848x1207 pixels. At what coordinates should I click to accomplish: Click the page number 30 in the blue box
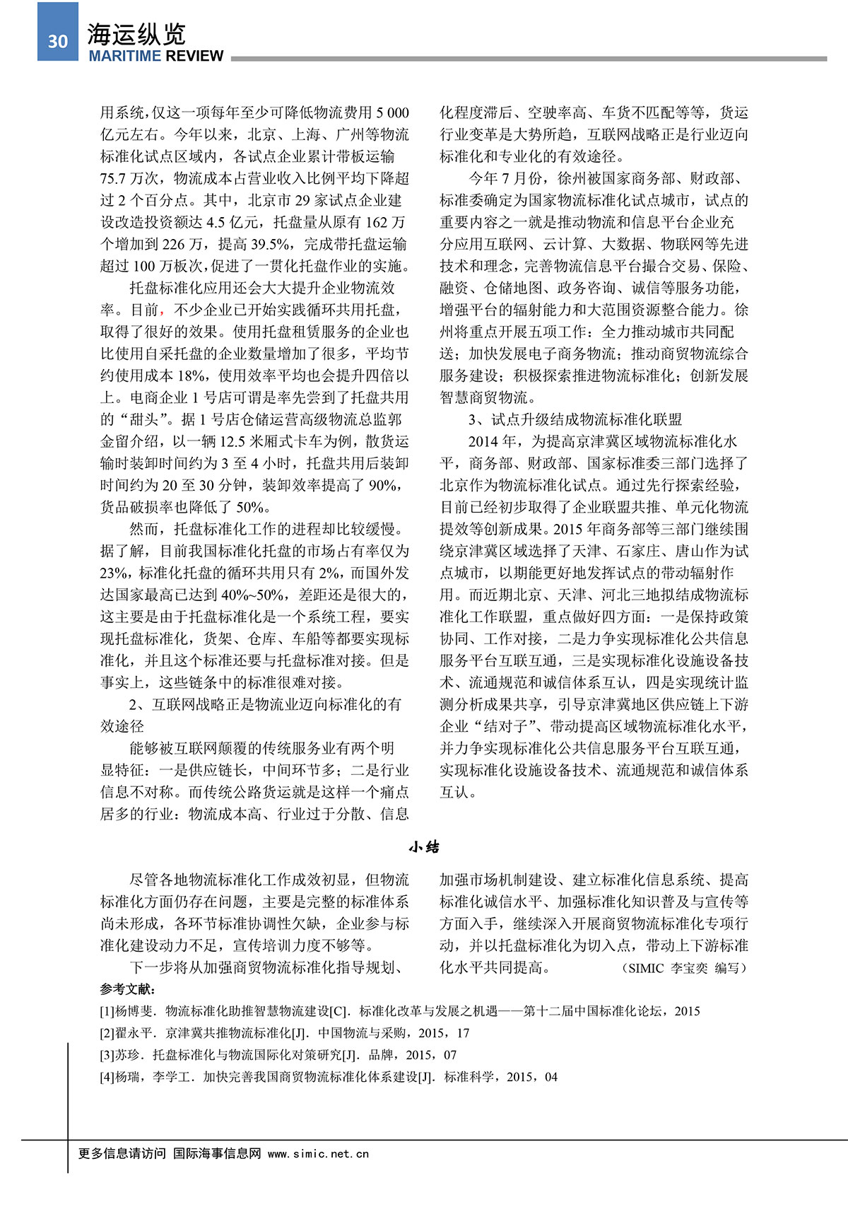[58, 41]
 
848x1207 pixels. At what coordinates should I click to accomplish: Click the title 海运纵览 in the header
[136, 33]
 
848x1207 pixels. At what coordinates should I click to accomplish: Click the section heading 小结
[424, 846]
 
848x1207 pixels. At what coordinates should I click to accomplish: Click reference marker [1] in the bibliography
[107, 1011]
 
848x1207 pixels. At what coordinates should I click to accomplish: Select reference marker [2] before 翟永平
[107, 1033]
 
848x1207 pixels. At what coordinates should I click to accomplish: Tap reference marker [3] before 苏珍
[107, 1055]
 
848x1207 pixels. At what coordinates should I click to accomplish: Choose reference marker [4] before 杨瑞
[107, 1077]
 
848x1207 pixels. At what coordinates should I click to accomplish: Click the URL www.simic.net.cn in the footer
[318, 1153]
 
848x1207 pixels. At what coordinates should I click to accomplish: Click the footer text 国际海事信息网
[217, 1153]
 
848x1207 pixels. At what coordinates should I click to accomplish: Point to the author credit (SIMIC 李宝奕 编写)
[684, 968]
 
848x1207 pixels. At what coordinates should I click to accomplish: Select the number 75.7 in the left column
[114, 179]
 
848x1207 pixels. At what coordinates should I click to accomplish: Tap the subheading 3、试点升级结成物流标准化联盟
[575, 419]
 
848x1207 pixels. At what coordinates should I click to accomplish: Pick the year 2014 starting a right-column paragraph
[483, 442]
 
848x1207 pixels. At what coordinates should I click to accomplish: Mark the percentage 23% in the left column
[113, 573]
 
